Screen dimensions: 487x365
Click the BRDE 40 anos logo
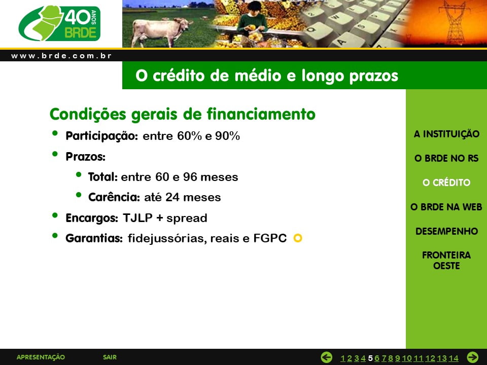point(59,23)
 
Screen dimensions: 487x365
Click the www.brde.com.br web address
point(61,56)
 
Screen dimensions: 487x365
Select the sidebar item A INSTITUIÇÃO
point(446,134)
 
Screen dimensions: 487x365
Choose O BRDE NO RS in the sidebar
point(446,158)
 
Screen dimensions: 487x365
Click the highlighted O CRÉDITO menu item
point(446,182)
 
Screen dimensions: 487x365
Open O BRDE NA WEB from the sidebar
point(446,207)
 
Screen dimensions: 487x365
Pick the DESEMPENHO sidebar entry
point(446,231)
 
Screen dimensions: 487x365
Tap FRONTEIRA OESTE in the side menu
point(446,261)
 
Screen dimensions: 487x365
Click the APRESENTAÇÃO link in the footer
point(41,357)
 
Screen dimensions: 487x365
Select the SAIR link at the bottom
point(110,357)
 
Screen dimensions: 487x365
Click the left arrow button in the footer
point(326,357)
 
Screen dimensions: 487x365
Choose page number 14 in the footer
point(454,358)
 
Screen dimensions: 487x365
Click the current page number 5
point(370,358)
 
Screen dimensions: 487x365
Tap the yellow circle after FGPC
point(298,238)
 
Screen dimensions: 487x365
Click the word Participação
point(101,136)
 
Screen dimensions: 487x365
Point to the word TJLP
point(137,218)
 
